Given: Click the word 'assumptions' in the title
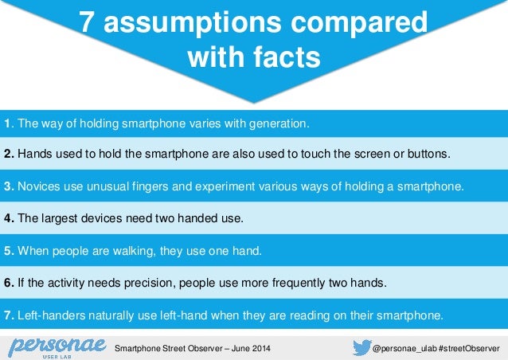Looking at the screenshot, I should click(x=198, y=24).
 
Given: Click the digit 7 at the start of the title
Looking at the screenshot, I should click(x=88, y=24).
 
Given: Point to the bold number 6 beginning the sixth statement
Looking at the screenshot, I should click(x=7, y=282).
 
